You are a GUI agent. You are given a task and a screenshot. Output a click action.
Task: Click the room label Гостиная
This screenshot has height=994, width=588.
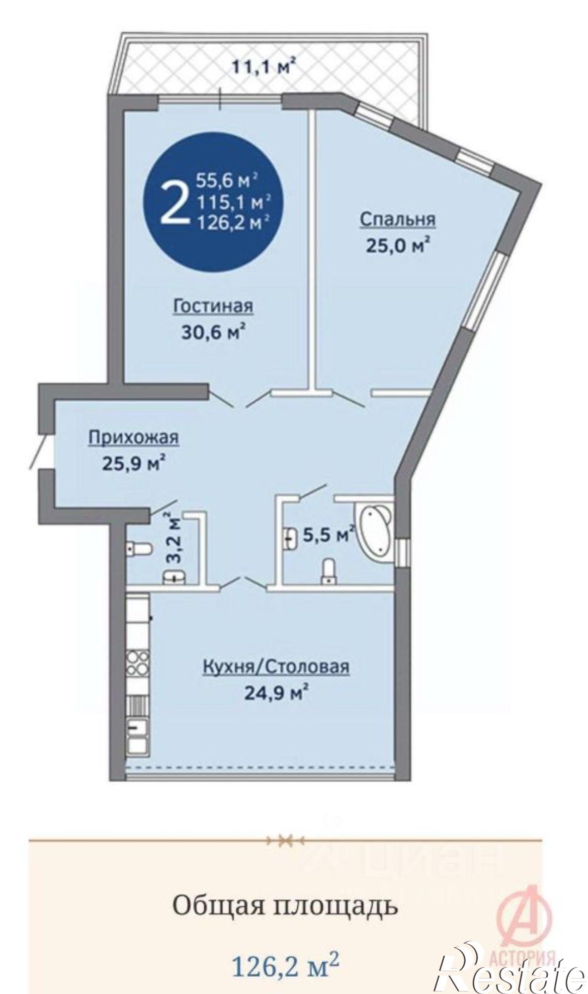213,306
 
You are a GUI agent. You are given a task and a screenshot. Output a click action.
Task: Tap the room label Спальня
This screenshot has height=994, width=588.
397,219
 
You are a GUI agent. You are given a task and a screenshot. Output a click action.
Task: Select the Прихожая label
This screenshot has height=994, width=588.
133,437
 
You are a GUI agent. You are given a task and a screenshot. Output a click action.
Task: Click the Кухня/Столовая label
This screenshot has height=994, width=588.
275,666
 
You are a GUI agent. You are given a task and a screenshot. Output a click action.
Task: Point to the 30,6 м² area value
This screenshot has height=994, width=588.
214,331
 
